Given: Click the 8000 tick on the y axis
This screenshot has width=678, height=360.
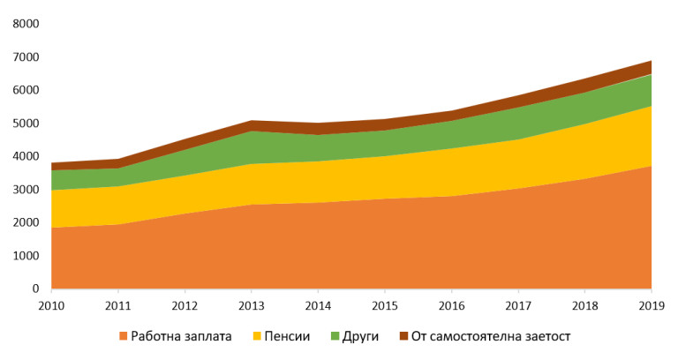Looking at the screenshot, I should point(26,24).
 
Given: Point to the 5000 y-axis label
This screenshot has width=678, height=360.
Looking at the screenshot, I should point(26,124).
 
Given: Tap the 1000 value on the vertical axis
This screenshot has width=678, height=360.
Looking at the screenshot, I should point(26,256).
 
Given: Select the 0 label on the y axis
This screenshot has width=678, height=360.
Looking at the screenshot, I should point(36,289).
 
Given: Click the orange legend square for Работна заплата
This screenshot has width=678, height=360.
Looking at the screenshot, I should point(123,336).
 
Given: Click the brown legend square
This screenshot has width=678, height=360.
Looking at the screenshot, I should point(403,336).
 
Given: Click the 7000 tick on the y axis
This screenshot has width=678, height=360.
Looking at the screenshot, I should point(26,57).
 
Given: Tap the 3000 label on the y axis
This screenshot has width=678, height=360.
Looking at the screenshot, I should point(26,190).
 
